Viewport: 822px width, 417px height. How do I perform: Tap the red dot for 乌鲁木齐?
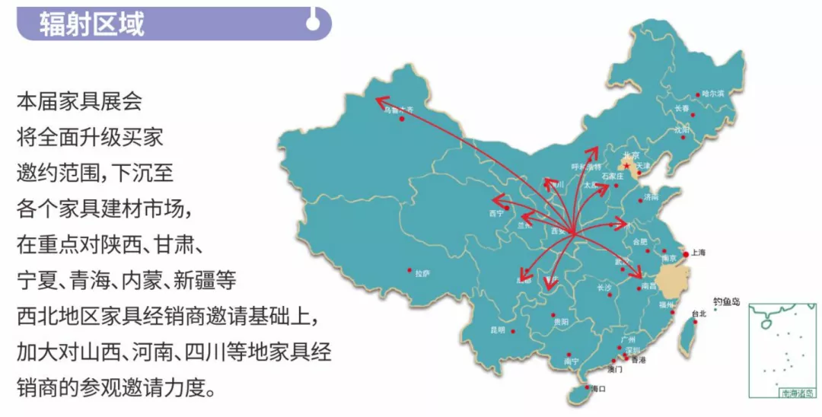(x=401, y=119)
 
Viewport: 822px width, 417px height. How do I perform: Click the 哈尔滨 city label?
(x=712, y=94)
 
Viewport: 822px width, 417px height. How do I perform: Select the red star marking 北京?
(x=626, y=164)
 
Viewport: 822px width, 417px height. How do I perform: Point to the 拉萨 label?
(x=422, y=273)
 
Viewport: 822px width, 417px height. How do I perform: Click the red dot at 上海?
(x=686, y=254)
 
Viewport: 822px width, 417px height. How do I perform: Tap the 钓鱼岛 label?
(x=726, y=302)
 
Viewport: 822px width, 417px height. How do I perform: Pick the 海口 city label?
(x=598, y=389)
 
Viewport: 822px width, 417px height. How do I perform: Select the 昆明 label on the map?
(x=498, y=330)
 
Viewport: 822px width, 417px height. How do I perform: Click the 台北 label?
(x=698, y=314)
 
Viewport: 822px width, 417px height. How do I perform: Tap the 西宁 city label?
(x=496, y=214)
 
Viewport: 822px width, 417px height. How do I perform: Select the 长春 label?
(x=681, y=109)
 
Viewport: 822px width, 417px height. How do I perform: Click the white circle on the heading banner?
(x=312, y=24)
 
